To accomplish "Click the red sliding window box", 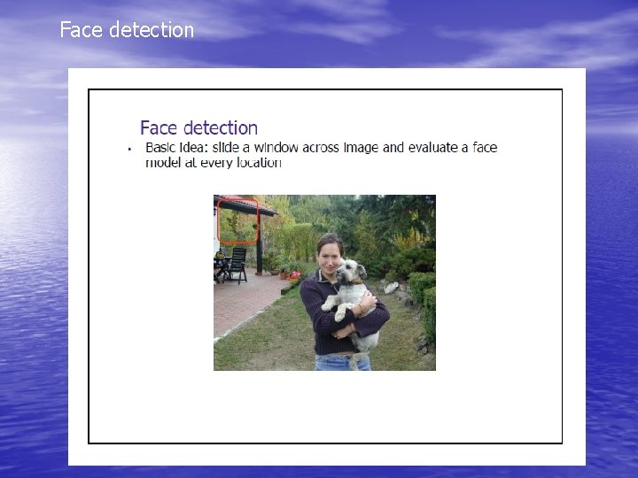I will pos(238,221).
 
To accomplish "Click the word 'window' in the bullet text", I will pos(277,148).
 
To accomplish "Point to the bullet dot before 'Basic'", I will pos(129,149).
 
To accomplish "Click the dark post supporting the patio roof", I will pos(259,248).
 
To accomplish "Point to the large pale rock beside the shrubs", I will pos(391,288).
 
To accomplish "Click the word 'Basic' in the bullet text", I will pos(162,148).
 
